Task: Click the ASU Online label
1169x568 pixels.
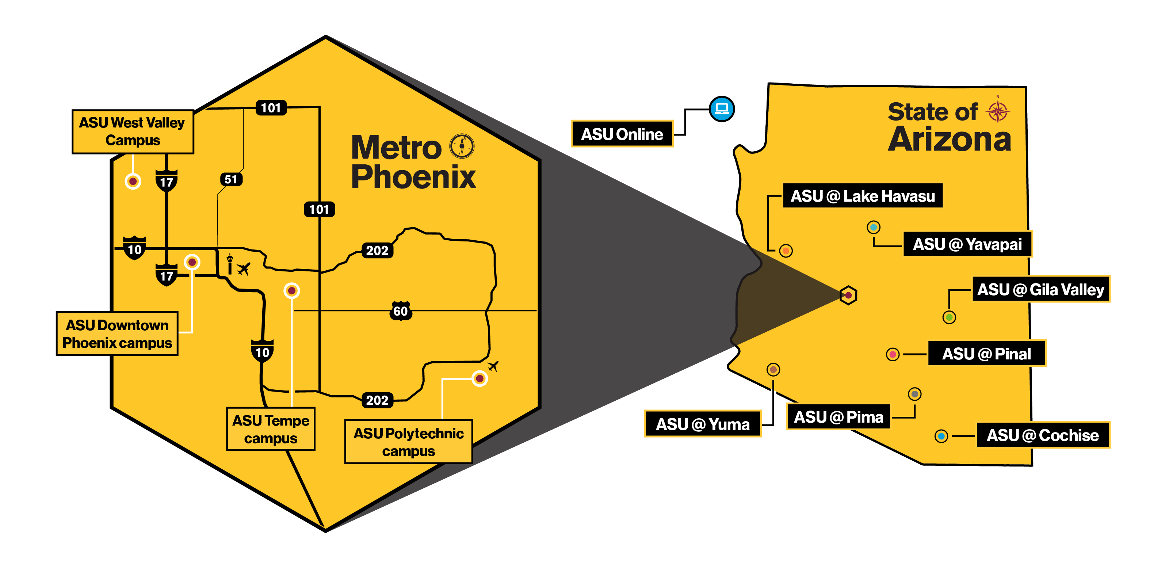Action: [622, 134]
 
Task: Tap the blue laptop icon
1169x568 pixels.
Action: [722, 109]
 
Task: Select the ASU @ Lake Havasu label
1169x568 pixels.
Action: [862, 196]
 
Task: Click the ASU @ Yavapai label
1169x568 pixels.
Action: [967, 244]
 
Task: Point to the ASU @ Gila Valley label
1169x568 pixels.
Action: [1040, 289]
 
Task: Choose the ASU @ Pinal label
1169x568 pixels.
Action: [986, 354]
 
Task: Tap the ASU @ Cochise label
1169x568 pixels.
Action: [1042, 435]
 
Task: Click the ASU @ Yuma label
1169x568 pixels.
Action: [703, 424]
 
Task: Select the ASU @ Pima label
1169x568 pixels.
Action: [838, 417]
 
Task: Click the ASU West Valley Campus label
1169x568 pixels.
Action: [133, 131]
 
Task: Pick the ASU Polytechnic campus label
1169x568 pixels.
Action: [408, 442]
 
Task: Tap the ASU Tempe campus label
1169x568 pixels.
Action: [271, 429]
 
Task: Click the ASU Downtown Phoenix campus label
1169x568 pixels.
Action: [117, 334]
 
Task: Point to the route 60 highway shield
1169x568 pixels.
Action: [401, 311]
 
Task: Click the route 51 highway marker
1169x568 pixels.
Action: [231, 179]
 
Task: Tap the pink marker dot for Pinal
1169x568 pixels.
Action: [893, 354]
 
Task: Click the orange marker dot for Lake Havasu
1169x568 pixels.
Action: [786, 251]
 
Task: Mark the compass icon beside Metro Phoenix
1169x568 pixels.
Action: [462, 146]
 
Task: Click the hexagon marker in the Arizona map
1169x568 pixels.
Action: [848, 295]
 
